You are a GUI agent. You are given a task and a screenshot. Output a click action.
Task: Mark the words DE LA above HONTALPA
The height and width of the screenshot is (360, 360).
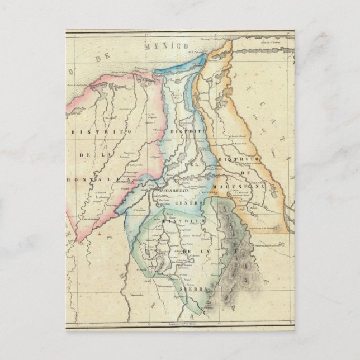coord(110,155)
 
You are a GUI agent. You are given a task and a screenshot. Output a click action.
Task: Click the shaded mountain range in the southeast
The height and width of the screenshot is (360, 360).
coord(235,257)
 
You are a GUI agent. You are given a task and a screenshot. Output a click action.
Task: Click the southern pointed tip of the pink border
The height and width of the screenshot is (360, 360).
coord(78,241)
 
